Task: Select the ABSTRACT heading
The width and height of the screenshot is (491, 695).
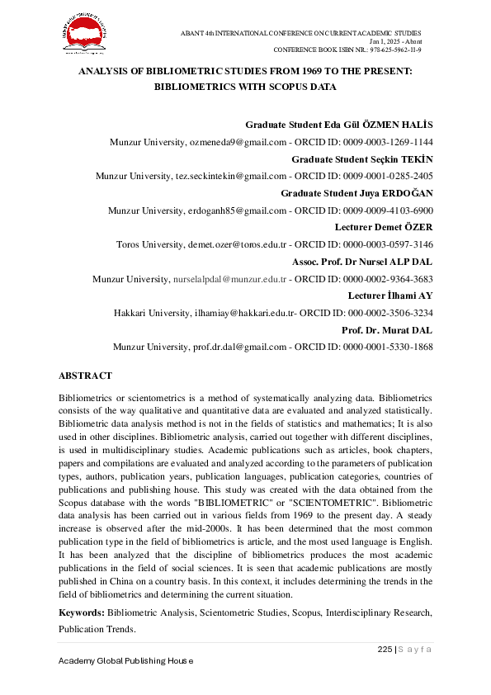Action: tap(86, 376)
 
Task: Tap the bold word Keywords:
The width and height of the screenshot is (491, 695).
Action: tap(81, 613)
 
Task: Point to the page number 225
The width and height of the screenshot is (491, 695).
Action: tap(384, 650)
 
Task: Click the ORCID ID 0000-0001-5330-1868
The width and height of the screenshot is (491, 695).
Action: tap(385, 347)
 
